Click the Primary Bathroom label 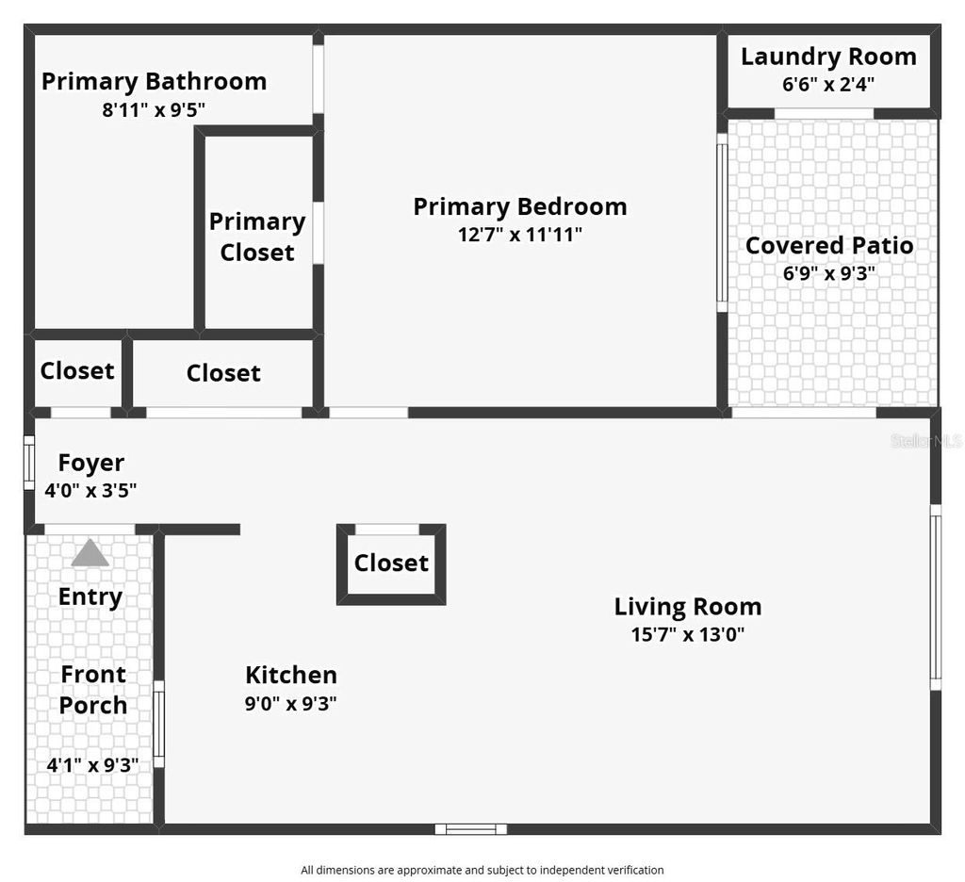(154, 81)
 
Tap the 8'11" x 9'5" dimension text (154, 109)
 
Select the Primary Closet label (257, 237)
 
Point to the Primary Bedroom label (520, 206)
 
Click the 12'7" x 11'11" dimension (520, 235)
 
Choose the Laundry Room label (828, 57)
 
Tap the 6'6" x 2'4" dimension (828, 84)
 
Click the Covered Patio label (829, 246)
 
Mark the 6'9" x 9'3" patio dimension (829, 274)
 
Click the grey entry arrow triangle (90, 553)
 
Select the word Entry (90, 596)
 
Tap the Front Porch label (93, 690)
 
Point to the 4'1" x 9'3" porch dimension (92, 765)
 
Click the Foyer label (91, 463)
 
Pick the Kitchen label (291, 675)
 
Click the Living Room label (688, 606)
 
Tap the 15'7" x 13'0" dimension (688, 634)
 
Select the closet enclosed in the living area (391, 563)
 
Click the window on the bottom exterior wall (470, 829)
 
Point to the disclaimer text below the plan (482, 870)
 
